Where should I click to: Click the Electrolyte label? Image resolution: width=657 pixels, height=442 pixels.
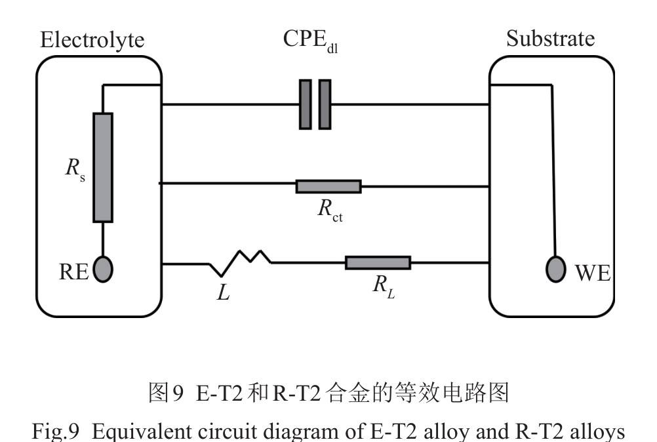[x=92, y=40]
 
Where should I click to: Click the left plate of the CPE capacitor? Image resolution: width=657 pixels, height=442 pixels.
[x=306, y=104]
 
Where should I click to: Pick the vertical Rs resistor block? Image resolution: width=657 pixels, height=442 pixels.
[x=103, y=167]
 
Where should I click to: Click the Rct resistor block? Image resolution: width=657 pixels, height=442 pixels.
[x=328, y=186]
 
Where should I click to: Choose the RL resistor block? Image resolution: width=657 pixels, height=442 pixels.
[x=378, y=263]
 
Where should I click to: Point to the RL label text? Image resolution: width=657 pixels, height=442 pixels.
[x=384, y=287]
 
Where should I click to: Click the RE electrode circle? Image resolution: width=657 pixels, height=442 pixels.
[x=103, y=270]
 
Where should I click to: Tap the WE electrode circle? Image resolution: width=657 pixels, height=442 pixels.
[x=556, y=270]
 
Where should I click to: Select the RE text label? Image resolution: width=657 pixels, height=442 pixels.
[x=73, y=271]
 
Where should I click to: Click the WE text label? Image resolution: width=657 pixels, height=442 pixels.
[x=592, y=272]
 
